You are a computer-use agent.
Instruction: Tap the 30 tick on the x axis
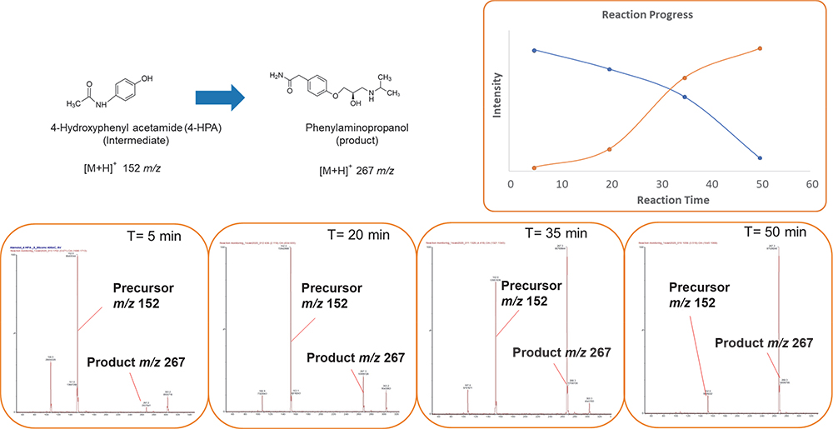[661, 183]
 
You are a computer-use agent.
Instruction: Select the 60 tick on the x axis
[811, 183]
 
